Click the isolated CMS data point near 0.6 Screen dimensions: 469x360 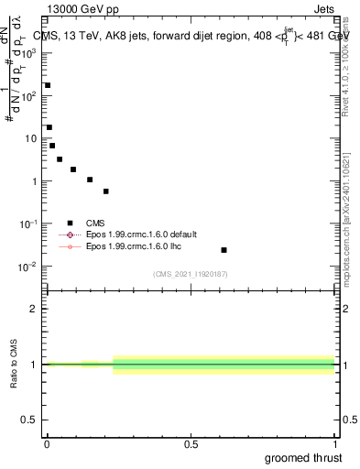[x=224, y=250]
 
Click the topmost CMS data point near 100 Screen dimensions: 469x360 [x=48, y=85]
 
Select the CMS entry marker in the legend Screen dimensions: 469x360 [x=70, y=223]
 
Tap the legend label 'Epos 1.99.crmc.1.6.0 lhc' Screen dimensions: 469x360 [x=131, y=246]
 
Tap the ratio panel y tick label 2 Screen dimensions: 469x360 [x=34, y=309]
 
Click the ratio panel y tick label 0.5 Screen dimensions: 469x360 [x=31, y=420]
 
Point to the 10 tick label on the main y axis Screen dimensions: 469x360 [x=30, y=138]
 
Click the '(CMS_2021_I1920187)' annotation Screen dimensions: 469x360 [x=191, y=274]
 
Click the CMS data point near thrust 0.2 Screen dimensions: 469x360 [x=106, y=191]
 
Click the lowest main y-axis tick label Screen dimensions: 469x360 [x=29, y=267]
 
